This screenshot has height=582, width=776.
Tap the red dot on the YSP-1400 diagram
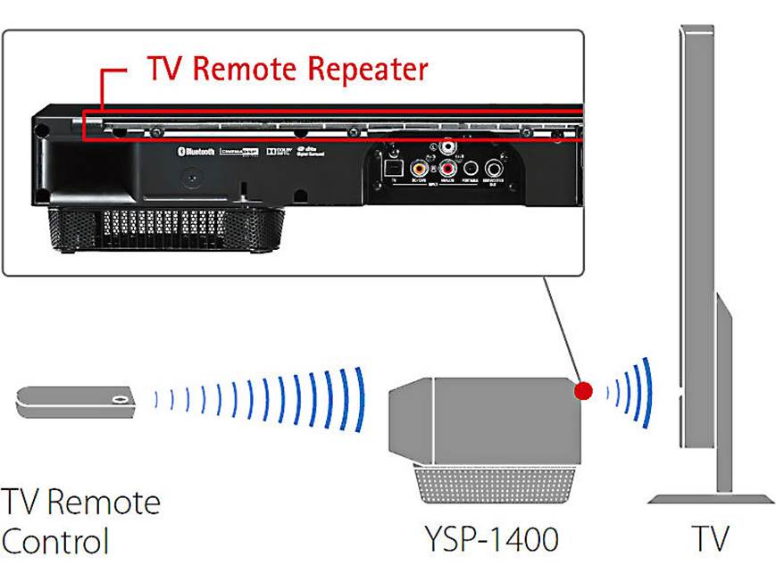[x=583, y=390]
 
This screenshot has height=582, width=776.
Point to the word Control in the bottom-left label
[x=55, y=541]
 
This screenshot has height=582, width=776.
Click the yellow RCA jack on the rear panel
[x=418, y=166]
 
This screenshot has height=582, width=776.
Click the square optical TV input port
[x=390, y=166]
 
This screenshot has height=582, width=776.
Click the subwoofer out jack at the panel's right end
[x=494, y=167]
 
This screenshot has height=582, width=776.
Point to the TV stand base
[x=710, y=498]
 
